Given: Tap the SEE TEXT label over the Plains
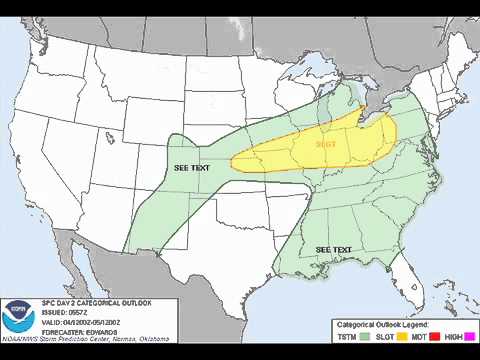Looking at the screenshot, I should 192,167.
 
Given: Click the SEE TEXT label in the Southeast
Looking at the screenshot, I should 333,248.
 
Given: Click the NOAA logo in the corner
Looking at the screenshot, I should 19,321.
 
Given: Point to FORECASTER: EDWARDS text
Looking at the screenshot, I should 79,332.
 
